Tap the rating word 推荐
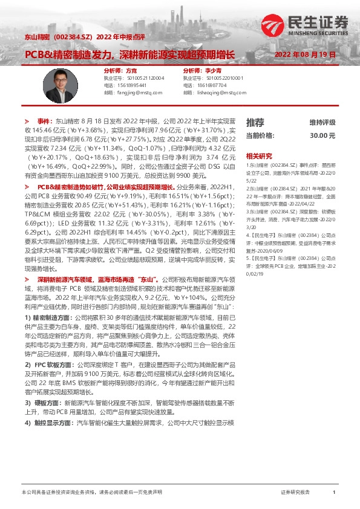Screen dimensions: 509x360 [255, 122]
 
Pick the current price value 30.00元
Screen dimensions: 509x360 [322, 135]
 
